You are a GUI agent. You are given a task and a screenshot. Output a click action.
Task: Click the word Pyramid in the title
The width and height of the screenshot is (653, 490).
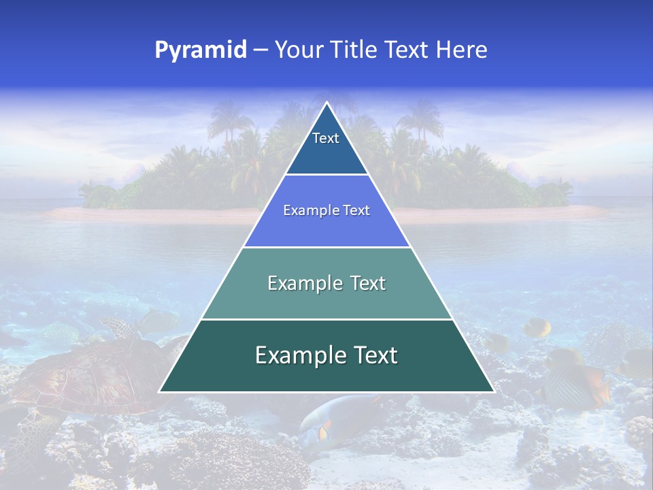201,50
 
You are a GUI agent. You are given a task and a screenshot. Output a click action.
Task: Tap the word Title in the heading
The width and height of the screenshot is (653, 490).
355,50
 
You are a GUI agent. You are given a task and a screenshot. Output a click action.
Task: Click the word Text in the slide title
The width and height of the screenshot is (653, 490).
407,50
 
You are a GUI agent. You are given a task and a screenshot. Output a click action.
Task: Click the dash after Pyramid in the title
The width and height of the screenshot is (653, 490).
261,50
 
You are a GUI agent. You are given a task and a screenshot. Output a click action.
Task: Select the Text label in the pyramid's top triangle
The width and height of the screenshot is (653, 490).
326,138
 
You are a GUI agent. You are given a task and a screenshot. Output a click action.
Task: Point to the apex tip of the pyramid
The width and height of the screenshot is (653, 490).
326,103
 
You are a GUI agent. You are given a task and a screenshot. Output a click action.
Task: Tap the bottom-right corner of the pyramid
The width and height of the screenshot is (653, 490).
493,391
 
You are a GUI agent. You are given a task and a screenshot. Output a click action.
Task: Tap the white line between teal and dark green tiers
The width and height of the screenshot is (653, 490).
326,319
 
